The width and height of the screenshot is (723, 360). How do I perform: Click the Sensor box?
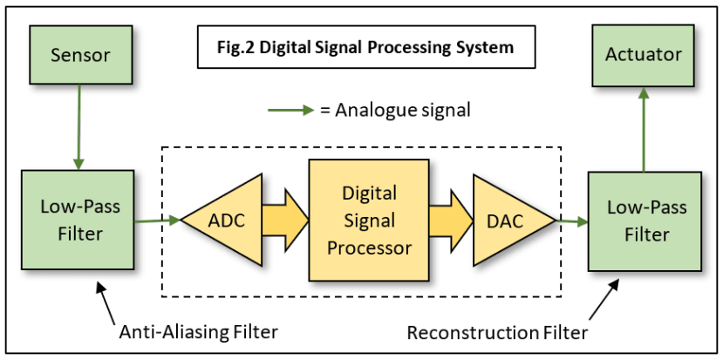point(80,55)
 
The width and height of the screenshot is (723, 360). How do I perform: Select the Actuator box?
point(644,55)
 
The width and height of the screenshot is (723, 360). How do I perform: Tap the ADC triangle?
point(222,220)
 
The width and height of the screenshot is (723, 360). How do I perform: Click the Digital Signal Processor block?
point(369,220)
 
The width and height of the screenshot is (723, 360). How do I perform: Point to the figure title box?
point(366,47)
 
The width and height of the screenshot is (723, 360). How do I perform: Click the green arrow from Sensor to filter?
point(79,127)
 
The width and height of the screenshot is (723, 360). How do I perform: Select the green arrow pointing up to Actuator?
point(644,129)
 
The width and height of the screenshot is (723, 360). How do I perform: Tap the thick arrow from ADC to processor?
point(286,220)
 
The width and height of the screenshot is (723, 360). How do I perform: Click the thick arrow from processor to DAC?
point(452,220)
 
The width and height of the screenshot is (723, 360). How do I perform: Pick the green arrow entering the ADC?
point(157,221)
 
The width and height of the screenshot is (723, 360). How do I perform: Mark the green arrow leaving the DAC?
point(572,221)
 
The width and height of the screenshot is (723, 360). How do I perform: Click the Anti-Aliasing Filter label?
point(199,332)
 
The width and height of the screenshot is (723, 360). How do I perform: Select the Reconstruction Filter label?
point(497,332)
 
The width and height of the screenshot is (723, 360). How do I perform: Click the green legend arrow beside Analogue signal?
point(291,111)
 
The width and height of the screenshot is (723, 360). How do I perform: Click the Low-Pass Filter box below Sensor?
point(78,220)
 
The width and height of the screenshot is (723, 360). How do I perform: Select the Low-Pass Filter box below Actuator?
point(645,221)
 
